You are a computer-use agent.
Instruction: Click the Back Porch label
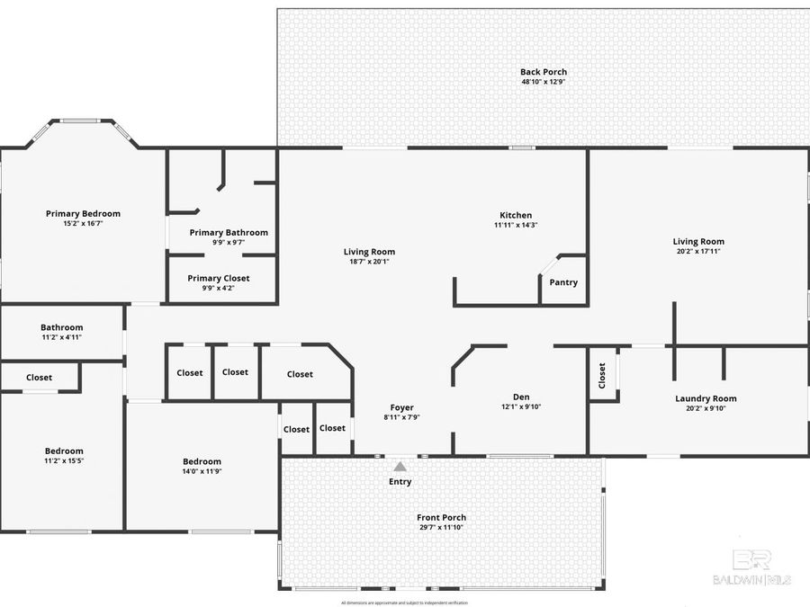pos(544,72)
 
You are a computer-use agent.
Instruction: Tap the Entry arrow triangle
pos(400,466)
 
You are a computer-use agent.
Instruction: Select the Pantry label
pos(563,282)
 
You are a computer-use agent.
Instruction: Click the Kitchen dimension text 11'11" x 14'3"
pos(516,225)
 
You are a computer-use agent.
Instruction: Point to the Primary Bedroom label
pos(83,213)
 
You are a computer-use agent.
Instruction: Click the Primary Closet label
pos(219,278)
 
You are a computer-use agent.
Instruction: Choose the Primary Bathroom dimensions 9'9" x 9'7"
pos(229,242)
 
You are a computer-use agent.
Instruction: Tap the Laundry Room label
pos(706,398)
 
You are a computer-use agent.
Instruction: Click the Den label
pos(521,397)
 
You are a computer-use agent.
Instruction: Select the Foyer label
pos(401,407)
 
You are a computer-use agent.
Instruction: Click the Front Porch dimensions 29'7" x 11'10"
pos(441,527)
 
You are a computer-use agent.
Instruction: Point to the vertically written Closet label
pos(602,375)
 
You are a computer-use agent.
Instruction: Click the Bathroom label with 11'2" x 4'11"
pos(61,327)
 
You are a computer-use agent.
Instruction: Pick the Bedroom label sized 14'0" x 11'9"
pos(202,461)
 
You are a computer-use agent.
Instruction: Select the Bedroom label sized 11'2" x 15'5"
pos(64,451)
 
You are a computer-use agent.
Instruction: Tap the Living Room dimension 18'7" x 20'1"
pos(369,262)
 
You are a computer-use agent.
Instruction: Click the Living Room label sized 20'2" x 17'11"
pos(698,241)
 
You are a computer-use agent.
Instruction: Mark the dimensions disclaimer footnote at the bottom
pos(405,602)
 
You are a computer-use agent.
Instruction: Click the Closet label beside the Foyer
pos(332,428)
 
